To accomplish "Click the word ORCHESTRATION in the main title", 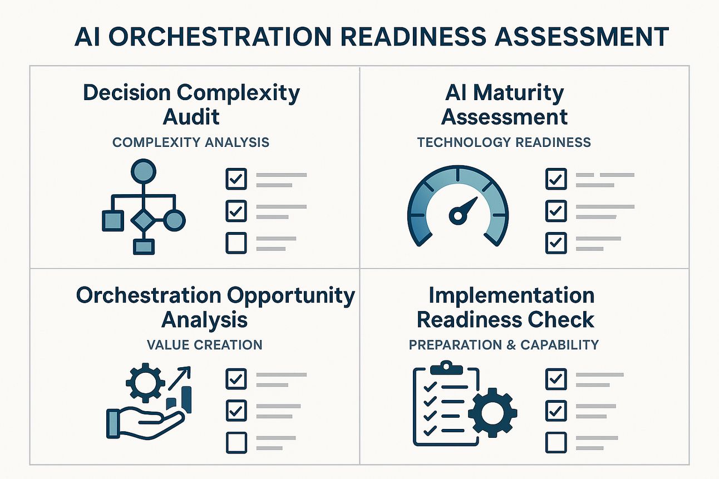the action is coord(220,37).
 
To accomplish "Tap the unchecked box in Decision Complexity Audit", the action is coord(237,243).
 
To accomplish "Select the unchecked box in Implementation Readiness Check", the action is coord(556,442).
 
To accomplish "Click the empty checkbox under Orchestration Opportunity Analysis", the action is coord(237,442).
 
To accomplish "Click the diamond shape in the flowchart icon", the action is coord(143,220).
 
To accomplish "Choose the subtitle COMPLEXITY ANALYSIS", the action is coord(191,142).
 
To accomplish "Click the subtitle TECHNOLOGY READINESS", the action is coord(504,142).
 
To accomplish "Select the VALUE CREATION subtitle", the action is coord(204,345).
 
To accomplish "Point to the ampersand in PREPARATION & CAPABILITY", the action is coord(511,345).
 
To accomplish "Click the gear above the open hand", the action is coord(145,383).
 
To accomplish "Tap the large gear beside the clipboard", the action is coord(493,413).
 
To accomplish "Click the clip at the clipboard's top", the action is coord(446,368).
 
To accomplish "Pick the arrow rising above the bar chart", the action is coord(179,378).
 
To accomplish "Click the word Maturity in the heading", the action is coord(519,93).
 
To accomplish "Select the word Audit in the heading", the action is coord(191,116).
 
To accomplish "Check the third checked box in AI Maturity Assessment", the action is coord(556,243).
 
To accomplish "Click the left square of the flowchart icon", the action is coord(113,221).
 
